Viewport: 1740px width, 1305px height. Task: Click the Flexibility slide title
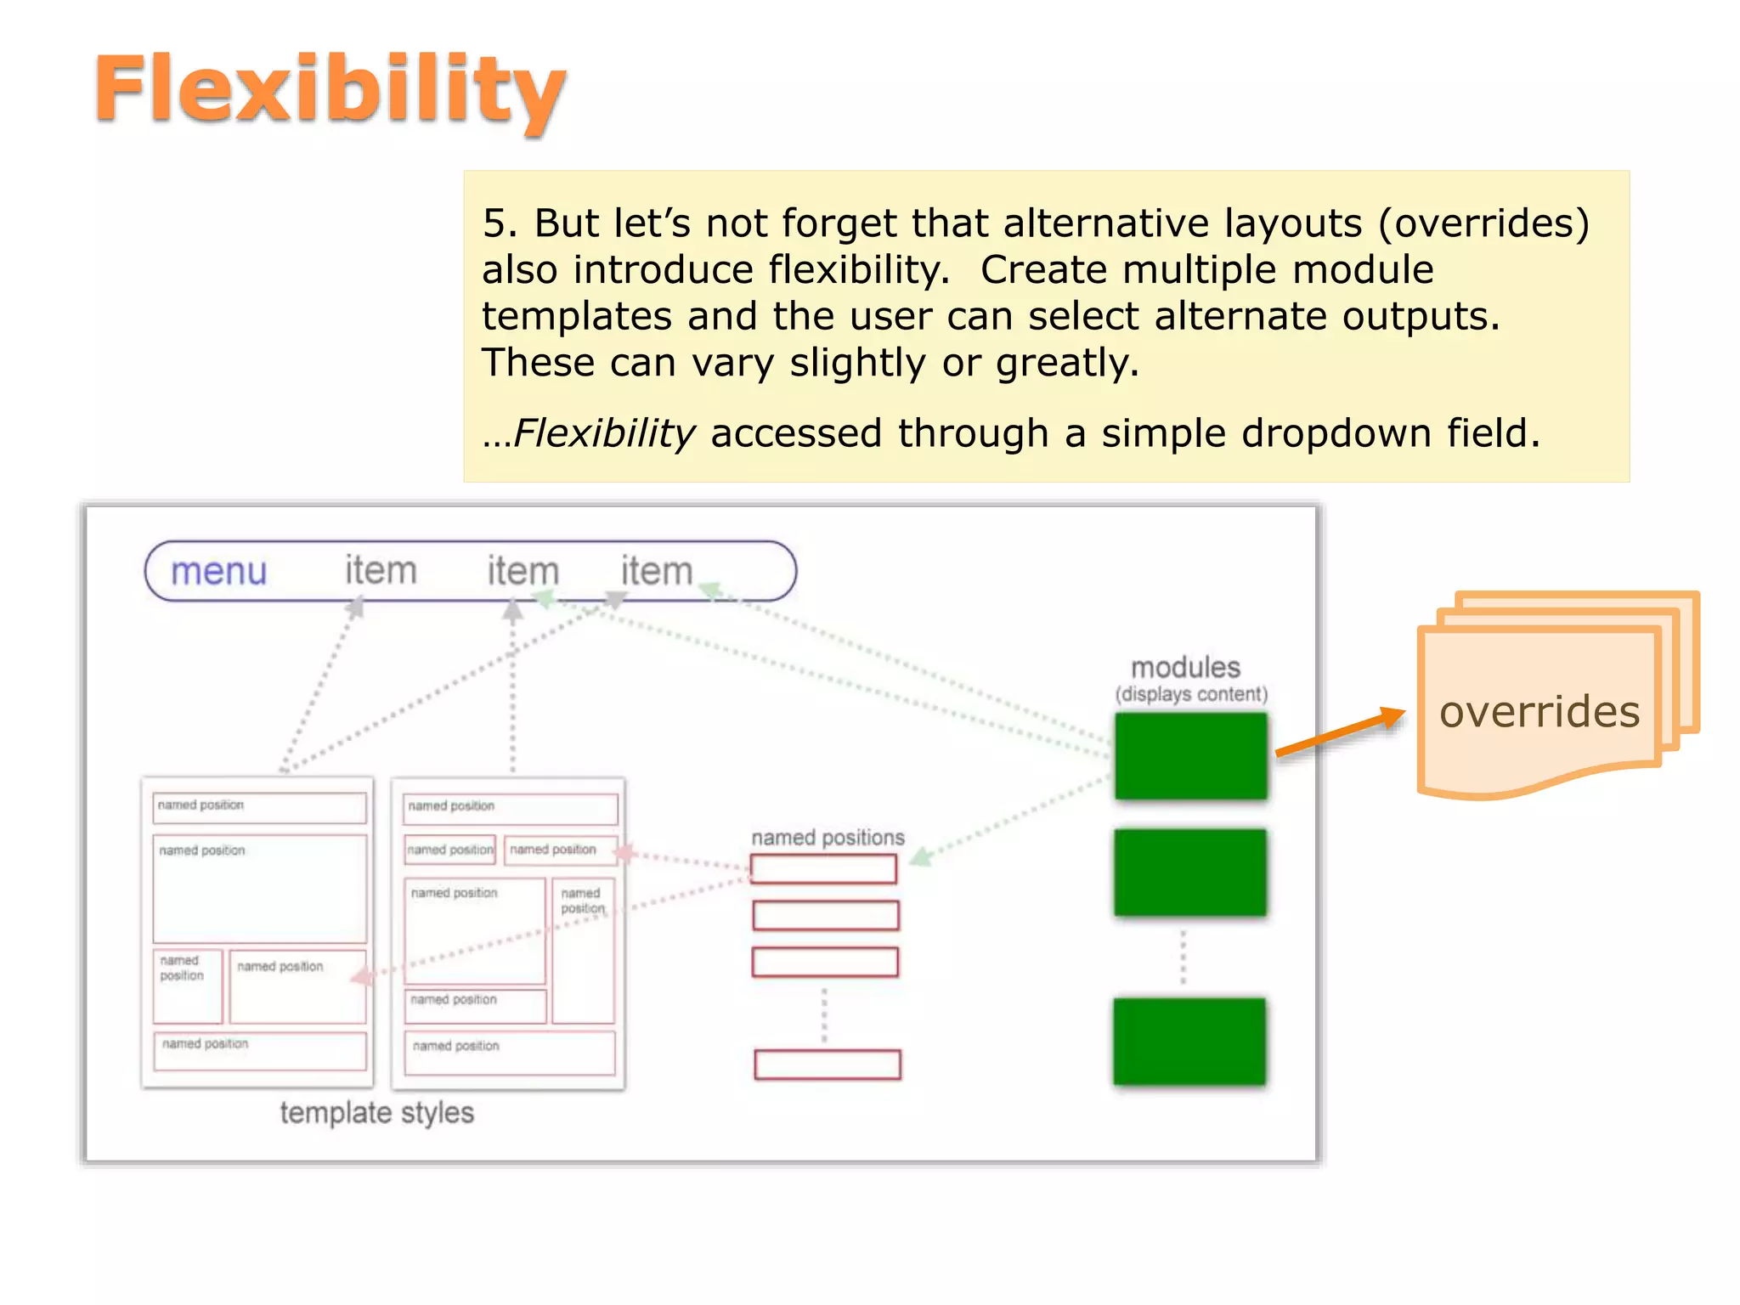point(330,89)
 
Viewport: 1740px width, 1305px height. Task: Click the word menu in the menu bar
point(218,571)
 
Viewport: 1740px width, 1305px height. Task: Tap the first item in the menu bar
point(380,570)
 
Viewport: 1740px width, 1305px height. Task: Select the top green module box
point(1190,755)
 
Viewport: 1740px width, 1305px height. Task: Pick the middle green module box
point(1189,873)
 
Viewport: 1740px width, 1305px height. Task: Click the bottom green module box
point(1189,1041)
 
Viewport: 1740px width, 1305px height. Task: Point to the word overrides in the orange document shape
point(1539,711)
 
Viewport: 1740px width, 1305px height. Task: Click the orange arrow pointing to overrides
point(1341,732)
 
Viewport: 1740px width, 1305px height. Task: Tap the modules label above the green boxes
point(1185,667)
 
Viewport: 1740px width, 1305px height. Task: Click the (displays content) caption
point(1191,694)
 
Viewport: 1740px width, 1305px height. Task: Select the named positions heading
point(828,838)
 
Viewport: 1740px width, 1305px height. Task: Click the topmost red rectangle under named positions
point(823,869)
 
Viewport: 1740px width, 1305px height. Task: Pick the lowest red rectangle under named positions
point(827,1065)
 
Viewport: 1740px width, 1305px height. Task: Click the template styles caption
point(376,1112)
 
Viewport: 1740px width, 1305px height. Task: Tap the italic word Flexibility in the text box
point(605,433)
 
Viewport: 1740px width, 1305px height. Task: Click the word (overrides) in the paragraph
point(1483,223)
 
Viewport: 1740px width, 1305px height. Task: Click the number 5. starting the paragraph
point(500,223)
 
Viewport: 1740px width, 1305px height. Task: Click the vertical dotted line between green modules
point(1184,958)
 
